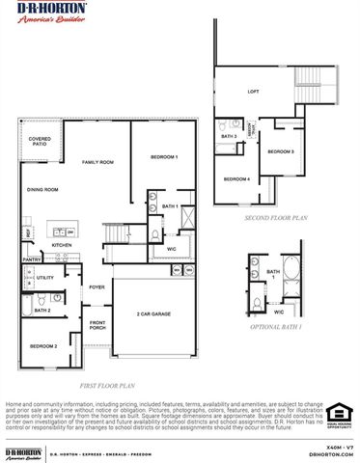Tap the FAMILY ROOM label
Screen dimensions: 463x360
97,161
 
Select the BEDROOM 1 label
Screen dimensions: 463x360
163,157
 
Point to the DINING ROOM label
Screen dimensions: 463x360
42,190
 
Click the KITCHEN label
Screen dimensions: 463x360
62,245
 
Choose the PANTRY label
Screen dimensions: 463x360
31,259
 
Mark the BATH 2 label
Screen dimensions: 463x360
42,311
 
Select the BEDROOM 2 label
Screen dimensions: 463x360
42,345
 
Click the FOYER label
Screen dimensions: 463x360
97,287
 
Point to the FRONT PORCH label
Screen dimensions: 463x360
98,326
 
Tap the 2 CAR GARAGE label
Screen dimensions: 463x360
154,314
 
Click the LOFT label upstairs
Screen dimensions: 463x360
253,93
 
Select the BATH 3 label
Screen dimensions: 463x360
229,137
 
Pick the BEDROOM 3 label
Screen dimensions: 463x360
281,152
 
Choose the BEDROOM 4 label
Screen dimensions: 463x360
236,179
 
